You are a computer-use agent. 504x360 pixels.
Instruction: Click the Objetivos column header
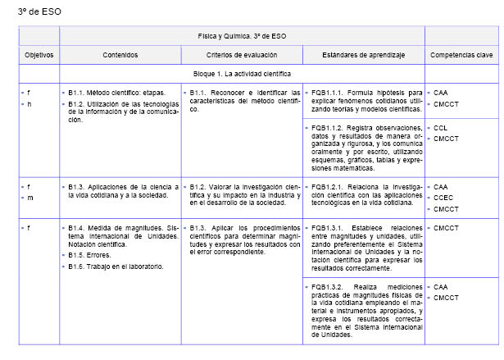(x=39, y=54)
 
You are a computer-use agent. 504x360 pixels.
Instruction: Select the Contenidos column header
(x=120, y=54)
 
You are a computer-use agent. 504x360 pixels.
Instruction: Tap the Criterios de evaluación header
(x=241, y=54)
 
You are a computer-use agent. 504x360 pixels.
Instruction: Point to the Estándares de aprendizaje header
(x=363, y=54)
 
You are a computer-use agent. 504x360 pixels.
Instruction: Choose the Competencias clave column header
(x=461, y=54)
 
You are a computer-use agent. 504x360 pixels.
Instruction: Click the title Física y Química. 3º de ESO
(x=242, y=36)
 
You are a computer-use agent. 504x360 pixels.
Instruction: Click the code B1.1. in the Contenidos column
(x=79, y=93)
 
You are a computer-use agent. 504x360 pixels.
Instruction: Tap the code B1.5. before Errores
(x=79, y=255)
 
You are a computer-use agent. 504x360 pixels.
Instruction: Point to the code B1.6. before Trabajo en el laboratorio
(x=79, y=267)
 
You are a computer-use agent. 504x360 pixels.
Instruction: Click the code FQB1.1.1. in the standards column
(x=326, y=93)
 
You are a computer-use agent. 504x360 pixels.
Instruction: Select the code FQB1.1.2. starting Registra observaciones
(x=326, y=128)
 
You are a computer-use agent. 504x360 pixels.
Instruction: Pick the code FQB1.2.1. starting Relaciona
(x=326, y=187)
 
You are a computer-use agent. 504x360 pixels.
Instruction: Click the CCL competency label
(x=440, y=128)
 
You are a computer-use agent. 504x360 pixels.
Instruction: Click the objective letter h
(x=30, y=105)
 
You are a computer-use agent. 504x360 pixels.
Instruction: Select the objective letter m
(x=30, y=198)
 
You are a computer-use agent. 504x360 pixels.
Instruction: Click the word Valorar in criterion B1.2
(x=225, y=187)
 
